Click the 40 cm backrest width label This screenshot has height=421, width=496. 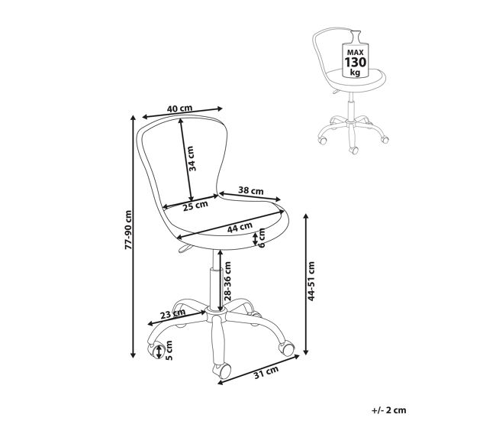point(179,108)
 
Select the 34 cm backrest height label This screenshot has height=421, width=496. point(192,158)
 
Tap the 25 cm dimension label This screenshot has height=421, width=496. point(195,206)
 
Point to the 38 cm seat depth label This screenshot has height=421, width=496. point(250,191)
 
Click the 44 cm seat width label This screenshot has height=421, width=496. point(240,227)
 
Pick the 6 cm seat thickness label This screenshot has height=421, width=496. point(262,238)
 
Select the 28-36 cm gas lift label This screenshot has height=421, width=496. point(227,281)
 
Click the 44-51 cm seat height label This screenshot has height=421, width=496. point(311,281)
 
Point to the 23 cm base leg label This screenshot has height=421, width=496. point(172,314)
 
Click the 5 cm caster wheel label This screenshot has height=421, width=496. point(169,351)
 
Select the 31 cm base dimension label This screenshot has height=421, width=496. point(266,372)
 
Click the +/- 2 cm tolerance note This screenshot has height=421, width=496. point(388,410)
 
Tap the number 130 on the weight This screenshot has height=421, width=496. point(356,62)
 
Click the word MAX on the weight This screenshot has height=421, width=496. point(356,52)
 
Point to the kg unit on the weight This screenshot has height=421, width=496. point(356,73)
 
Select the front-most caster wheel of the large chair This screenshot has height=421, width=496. point(222,371)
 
